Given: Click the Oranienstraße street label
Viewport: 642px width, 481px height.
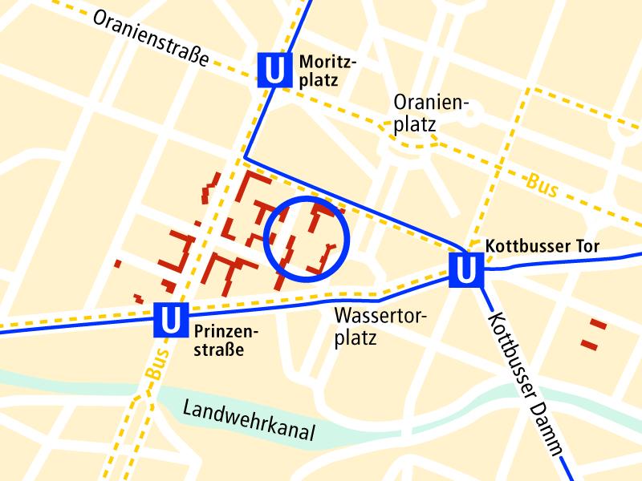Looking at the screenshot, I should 151,38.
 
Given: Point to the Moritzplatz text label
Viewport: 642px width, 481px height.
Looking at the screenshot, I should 327,71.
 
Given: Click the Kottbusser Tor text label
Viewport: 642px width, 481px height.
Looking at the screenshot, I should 543,246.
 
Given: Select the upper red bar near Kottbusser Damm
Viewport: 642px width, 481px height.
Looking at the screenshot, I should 597,325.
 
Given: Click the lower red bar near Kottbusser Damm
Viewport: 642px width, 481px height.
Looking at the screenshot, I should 590,344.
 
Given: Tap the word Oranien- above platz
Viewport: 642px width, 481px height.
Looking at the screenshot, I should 430,103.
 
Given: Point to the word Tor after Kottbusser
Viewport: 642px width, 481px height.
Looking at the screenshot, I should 587,246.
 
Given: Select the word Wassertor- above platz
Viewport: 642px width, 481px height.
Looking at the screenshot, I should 380,314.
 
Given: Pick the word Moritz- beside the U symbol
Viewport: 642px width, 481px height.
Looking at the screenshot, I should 327,61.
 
